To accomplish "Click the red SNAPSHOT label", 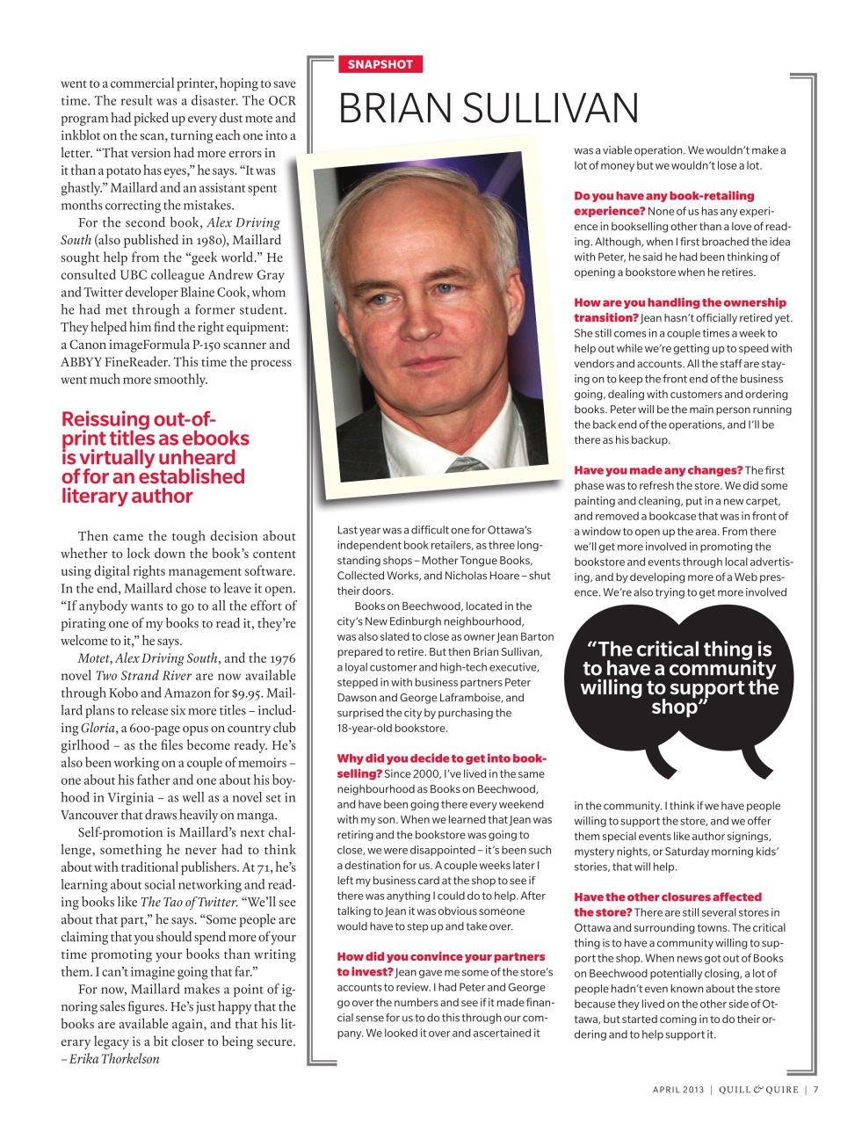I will pos(380,64).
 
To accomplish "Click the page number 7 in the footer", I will pos(815,1090).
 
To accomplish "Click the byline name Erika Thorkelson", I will pos(115,1059).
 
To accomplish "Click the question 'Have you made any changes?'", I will pos(658,470).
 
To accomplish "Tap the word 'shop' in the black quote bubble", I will pos(674,707).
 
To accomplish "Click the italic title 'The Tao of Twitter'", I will pos(186,902).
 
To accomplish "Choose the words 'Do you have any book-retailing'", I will pos(664,196).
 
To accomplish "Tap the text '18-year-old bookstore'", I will pos(392,728).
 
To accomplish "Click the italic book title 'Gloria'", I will pos(98,728).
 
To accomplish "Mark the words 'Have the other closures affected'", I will pos(668,897).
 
